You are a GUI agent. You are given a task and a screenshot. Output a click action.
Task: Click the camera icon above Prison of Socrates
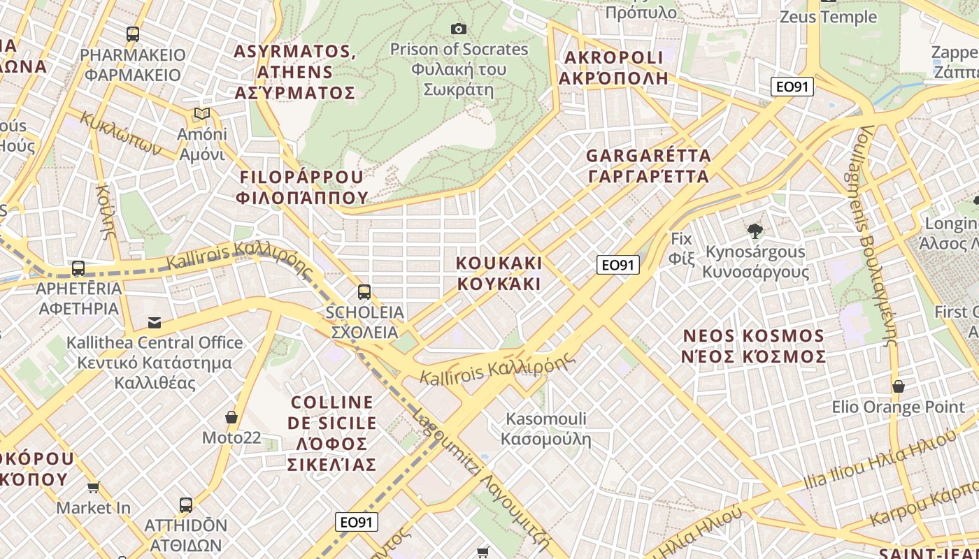(x=459, y=29)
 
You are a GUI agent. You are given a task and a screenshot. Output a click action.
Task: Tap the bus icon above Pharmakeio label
(x=132, y=34)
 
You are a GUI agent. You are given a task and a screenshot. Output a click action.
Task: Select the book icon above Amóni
(x=202, y=113)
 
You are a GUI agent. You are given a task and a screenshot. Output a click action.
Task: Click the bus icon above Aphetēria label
(x=78, y=268)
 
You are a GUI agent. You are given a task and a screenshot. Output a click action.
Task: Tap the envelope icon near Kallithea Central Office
(x=155, y=322)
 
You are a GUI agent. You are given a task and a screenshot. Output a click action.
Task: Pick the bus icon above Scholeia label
(x=364, y=292)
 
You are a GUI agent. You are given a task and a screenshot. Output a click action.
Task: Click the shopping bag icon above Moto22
(x=231, y=418)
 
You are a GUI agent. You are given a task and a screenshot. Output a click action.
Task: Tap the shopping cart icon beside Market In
(x=94, y=487)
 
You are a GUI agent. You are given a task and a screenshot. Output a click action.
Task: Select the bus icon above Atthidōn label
(x=186, y=504)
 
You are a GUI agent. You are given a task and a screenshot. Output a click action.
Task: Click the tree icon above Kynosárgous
(x=755, y=231)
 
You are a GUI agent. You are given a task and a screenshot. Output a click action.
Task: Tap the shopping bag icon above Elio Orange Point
(x=899, y=386)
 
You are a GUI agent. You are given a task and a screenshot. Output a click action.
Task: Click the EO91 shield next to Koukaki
(x=618, y=265)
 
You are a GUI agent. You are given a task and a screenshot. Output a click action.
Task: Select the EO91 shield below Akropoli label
(x=792, y=87)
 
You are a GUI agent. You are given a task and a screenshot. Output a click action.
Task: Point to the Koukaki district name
(x=499, y=273)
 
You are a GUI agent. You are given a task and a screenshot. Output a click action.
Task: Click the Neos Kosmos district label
(x=754, y=346)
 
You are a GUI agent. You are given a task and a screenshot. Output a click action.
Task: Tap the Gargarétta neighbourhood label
(x=648, y=166)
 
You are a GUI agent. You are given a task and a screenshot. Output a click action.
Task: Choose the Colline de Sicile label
(x=332, y=433)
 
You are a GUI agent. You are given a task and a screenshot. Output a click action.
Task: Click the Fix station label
(x=681, y=248)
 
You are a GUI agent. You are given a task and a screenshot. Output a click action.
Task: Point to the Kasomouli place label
(x=546, y=429)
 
